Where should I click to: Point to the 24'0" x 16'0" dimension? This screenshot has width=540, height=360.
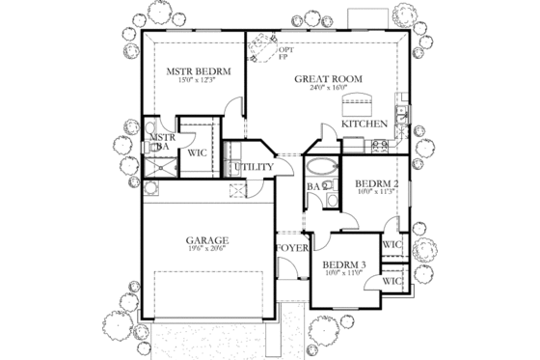328,87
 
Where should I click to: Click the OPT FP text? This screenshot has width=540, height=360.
284,53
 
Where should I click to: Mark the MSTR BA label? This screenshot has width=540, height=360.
160,143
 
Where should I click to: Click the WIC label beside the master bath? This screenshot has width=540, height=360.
198,152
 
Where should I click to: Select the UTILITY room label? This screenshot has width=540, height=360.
255,167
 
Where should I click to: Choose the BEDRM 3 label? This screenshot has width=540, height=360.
342,264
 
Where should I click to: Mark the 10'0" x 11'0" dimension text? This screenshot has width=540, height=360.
342,274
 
